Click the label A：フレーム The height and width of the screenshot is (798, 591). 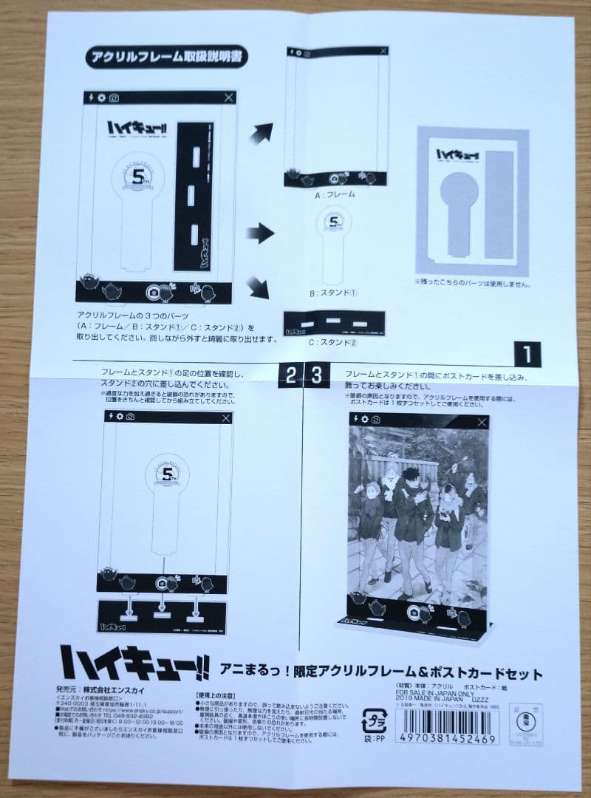click(335, 194)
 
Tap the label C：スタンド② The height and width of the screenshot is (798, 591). click(336, 342)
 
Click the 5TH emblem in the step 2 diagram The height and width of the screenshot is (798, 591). click(164, 468)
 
